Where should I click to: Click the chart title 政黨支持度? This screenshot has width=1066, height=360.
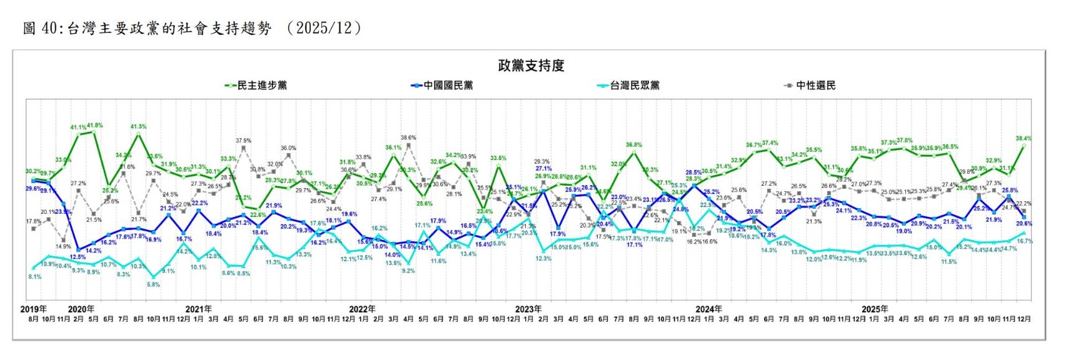coord(531,66)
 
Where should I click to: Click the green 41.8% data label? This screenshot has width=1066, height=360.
coord(95,126)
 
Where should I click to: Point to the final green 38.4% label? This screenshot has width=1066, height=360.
coord(1023,139)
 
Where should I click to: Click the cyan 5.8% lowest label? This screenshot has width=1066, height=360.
coord(153,285)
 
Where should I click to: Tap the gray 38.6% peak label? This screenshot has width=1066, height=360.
coord(408,137)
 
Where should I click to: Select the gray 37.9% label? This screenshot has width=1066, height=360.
coord(243,141)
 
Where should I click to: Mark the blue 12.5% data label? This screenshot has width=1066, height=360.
coord(78,257)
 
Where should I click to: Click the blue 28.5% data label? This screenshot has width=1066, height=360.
coord(693,172)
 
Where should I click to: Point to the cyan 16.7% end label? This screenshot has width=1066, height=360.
coord(1025,241)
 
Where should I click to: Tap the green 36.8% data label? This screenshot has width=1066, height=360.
coord(634,145)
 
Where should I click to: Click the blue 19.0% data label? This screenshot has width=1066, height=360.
coord(903,231)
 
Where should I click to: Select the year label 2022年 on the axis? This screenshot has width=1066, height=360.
coord(362,309)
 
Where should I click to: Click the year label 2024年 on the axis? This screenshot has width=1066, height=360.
coord(708,309)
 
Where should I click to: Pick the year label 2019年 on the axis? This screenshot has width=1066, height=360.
coord(33,309)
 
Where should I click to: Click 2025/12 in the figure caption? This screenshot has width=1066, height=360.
coord(324,28)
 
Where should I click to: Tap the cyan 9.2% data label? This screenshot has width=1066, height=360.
coord(408,271)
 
